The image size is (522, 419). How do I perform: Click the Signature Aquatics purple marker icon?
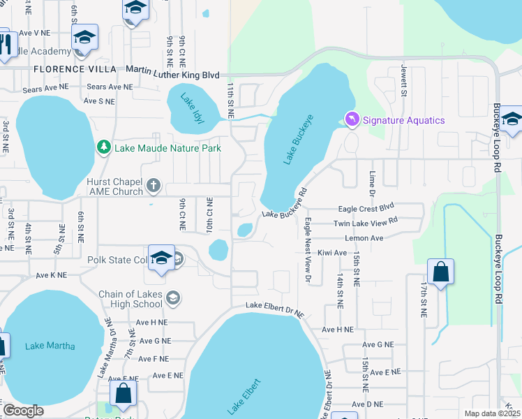[x=352, y=120]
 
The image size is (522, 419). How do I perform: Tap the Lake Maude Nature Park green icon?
[x=104, y=147]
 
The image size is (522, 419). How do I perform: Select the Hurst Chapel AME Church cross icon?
[x=154, y=186]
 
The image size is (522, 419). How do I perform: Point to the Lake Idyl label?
[x=192, y=108]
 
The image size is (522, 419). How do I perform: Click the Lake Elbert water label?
[x=244, y=397]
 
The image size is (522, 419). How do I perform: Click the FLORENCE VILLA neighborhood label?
[x=67, y=69]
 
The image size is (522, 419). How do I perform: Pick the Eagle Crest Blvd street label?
[x=366, y=208]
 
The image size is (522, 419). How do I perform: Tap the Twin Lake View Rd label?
[x=365, y=222]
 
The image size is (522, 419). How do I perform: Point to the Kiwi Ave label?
[x=331, y=253]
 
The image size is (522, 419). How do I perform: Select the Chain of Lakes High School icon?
[x=172, y=299]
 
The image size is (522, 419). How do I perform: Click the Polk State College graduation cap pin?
[x=161, y=259]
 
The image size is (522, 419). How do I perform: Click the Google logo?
[x=23, y=411]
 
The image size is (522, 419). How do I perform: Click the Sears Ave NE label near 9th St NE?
[x=110, y=87]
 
